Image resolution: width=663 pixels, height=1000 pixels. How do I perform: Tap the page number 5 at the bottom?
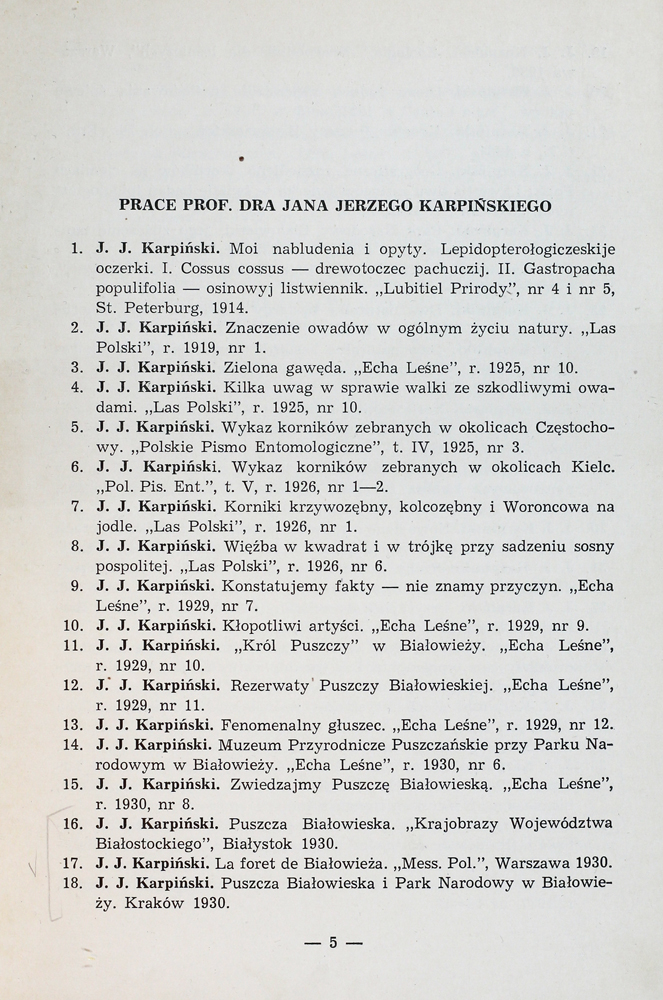tap(335, 941)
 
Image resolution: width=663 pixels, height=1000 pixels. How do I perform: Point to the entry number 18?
tap(71, 883)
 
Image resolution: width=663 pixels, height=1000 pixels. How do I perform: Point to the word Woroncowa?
tap(546, 506)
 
